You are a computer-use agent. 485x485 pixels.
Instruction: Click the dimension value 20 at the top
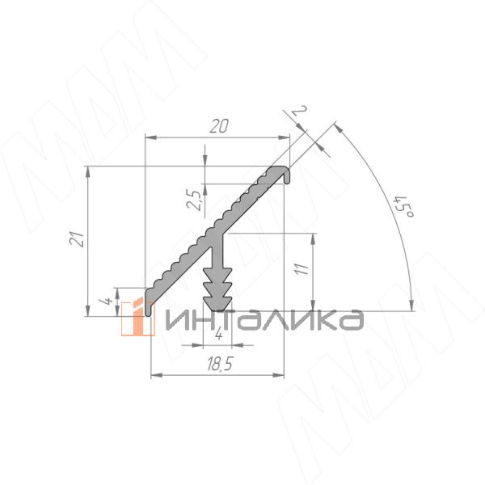coord(219,126)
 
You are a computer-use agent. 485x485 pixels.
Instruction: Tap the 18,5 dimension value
coord(219,364)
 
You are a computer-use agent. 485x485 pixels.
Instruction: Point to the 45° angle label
coord(404,206)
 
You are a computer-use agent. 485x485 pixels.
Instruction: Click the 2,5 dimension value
coord(195,200)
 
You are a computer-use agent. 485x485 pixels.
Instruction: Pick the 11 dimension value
coord(302,268)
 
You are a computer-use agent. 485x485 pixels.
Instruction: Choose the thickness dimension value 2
coord(299,111)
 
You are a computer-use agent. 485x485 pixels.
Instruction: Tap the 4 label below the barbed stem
coord(219,334)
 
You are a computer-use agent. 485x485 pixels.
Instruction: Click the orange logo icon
coord(137,318)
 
